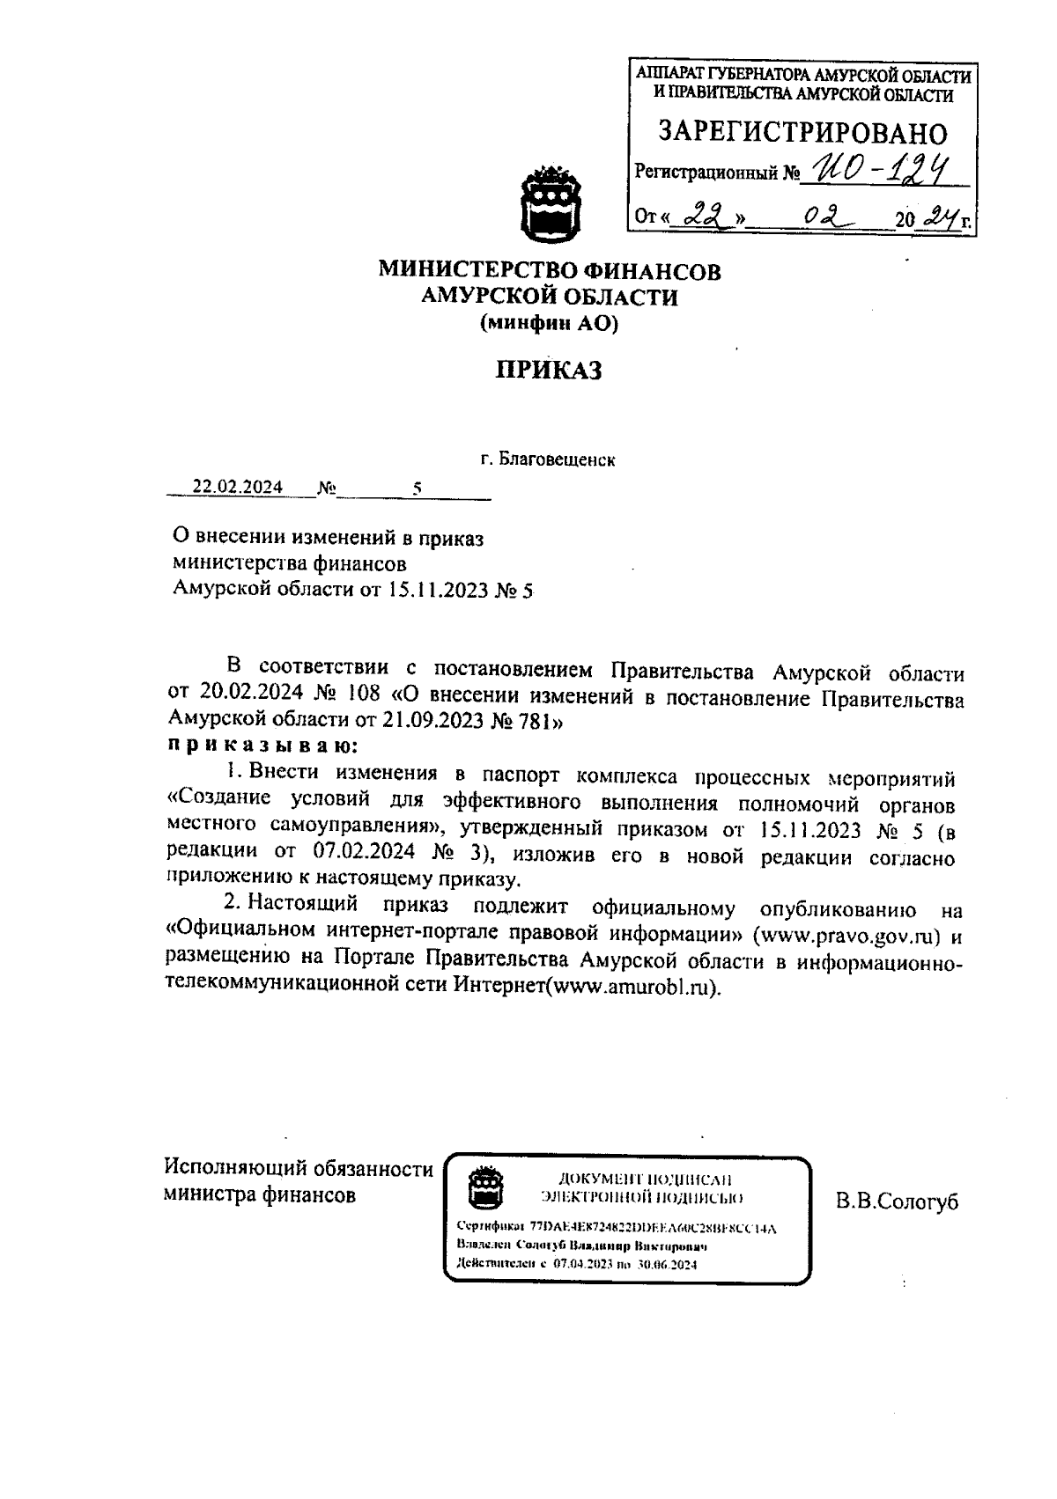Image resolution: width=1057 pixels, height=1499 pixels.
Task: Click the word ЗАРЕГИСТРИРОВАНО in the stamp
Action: point(803,133)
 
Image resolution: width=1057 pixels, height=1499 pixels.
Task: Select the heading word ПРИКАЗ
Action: point(548,371)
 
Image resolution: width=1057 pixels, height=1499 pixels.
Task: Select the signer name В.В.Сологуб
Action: point(897,1203)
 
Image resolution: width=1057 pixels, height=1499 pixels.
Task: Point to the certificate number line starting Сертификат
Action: point(617,1227)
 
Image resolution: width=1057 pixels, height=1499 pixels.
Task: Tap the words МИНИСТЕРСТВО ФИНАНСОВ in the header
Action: point(550,271)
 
